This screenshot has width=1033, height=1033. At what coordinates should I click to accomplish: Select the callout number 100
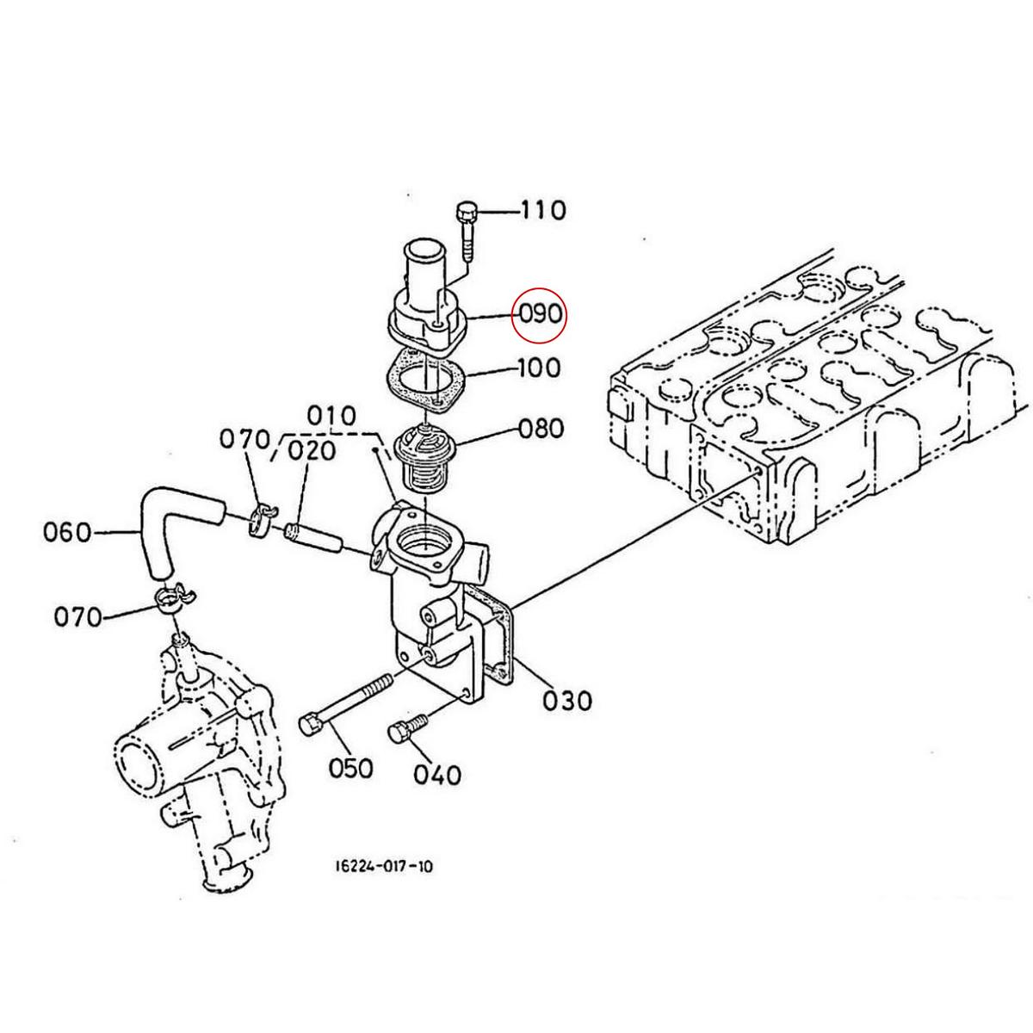tap(540, 368)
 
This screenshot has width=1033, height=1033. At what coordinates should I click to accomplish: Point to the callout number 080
tap(541, 428)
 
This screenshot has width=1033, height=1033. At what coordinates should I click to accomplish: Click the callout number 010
tap(331, 417)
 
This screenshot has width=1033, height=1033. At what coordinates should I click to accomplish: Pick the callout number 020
tap(312, 450)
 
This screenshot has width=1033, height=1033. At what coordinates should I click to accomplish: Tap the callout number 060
tap(67, 533)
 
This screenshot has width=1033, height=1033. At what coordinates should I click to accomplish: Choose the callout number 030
tap(568, 701)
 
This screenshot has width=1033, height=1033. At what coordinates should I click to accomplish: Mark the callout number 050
tap(351, 767)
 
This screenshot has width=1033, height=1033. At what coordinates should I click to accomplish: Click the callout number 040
tap(437, 775)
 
